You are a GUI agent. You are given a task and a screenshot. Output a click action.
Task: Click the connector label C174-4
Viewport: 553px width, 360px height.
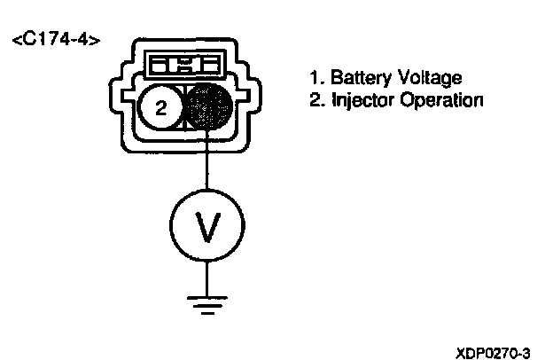point(56,41)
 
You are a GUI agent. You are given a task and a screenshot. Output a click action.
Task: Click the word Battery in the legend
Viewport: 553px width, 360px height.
point(355,79)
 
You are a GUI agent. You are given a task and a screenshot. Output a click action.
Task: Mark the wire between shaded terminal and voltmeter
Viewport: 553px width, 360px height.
point(207,165)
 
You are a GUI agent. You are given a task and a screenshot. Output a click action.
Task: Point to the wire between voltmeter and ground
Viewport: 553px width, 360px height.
point(207,275)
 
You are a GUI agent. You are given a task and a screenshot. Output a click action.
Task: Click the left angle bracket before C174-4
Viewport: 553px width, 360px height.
point(15,42)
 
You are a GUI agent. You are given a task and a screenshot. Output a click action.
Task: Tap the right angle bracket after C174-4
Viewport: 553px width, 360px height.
point(96,42)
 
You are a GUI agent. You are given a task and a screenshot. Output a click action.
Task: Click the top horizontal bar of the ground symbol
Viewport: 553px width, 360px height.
point(207,296)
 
